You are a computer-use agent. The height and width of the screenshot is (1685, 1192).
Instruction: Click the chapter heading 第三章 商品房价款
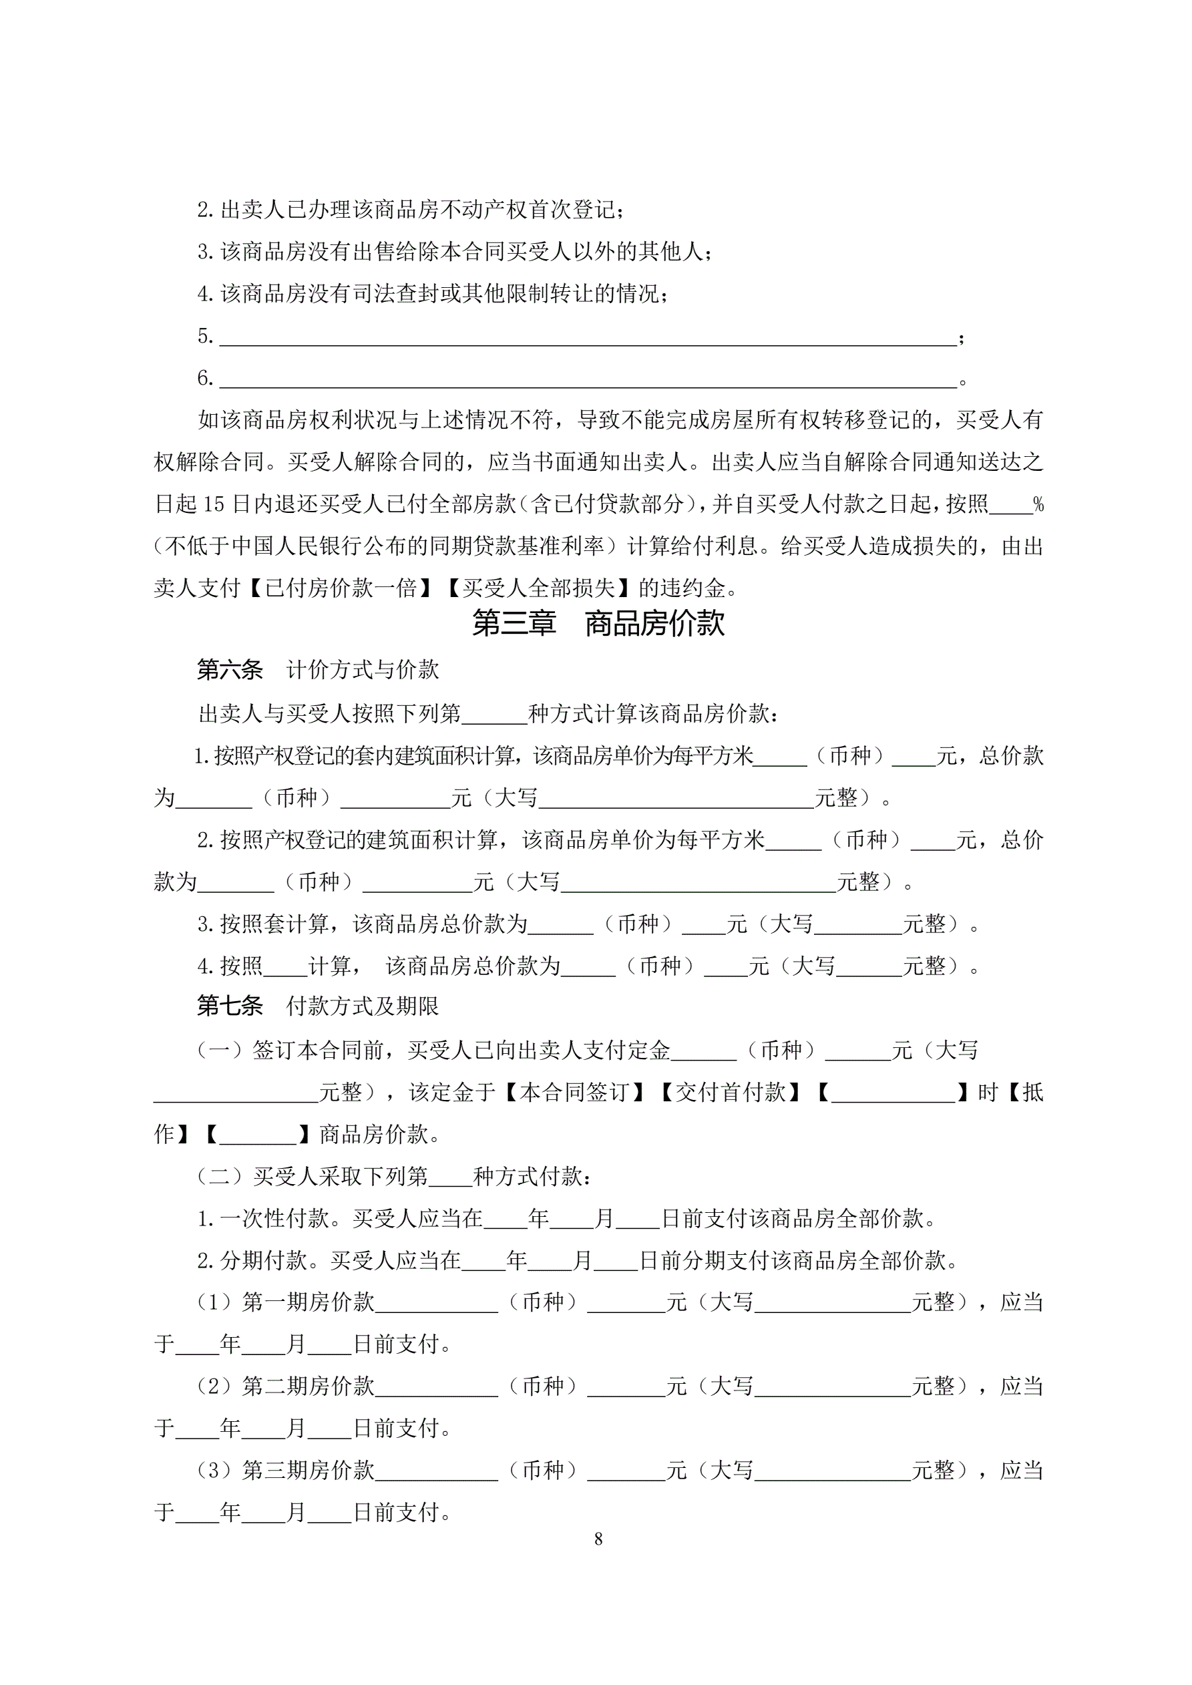tap(598, 624)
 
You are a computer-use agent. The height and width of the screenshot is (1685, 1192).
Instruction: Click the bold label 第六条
tap(230, 670)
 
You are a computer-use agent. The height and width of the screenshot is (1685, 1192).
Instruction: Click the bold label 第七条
tap(230, 1006)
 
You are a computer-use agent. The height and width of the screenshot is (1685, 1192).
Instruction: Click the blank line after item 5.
tap(587, 337)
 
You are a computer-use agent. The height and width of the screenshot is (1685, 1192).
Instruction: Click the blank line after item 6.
tap(587, 379)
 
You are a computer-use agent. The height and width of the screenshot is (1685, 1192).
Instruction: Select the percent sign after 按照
tap(1038, 505)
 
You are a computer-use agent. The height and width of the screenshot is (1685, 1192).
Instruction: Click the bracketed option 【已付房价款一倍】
tap(342, 588)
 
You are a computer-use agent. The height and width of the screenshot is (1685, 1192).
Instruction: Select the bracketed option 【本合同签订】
tap(573, 1093)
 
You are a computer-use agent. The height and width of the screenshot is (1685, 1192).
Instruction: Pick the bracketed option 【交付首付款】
tap(731, 1093)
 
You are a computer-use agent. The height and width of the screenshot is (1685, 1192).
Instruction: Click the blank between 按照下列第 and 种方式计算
tap(494, 715)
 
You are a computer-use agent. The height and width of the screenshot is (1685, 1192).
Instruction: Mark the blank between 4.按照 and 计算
tap(286, 967)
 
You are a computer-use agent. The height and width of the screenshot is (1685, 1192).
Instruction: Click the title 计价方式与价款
tap(363, 670)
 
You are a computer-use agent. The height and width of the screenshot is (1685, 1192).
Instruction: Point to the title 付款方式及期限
tap(363, 1006)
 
